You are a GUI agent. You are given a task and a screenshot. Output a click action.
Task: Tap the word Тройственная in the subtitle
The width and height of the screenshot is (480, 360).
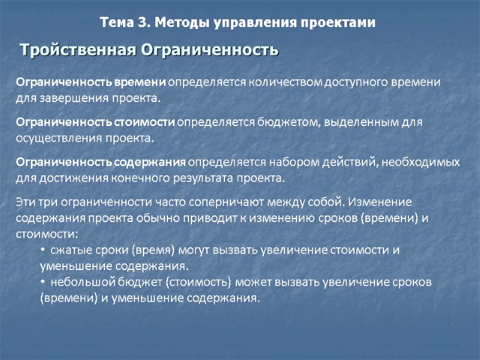click(79, 50)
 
